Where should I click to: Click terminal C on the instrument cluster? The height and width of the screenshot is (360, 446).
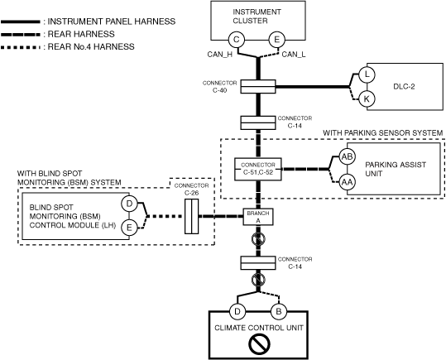tap(237, 40)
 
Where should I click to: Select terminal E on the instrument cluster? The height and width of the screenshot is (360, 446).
tap(276, 40)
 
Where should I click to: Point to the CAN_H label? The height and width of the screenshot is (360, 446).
tap(220, 55)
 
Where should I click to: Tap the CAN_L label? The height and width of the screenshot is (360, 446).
tap(294, 55)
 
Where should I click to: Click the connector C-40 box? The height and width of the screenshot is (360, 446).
tap(258, 87)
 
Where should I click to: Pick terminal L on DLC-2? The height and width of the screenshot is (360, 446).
tap(367, 74)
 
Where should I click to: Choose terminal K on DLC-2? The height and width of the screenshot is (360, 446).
tap(367, 99)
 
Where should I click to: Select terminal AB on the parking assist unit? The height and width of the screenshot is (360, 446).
tap(347, 156)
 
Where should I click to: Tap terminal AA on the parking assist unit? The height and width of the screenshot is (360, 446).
tap(347, 182)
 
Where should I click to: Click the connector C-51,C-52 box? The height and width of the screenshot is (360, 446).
tap(258, 169)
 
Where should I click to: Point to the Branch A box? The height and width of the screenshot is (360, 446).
tap(258, 217)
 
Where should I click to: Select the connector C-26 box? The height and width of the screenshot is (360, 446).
tap(192, 216)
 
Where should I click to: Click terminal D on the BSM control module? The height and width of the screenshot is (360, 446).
tap(129, 204)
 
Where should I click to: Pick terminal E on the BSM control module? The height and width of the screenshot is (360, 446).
tap(129, 228)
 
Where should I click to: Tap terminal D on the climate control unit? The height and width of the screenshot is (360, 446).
tap(237, 312)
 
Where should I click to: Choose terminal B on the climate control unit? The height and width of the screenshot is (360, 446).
tap(279, 312)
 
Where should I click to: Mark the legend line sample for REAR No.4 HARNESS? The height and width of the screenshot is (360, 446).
tap(21, 47)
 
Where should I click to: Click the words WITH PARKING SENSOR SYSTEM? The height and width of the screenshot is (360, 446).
tap(383, 133)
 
